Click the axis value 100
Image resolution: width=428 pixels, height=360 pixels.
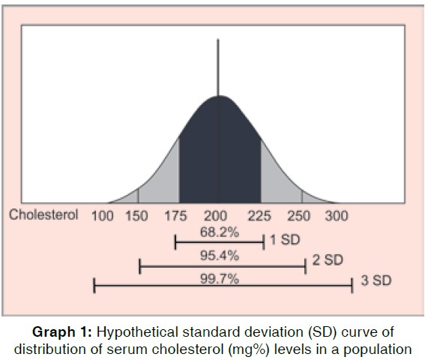tap(103, 216)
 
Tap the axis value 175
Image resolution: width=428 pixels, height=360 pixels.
tap(175, 216)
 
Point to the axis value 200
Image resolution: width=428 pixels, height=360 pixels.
tap(217, 216)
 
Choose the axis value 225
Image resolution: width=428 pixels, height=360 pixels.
tap(259, 216)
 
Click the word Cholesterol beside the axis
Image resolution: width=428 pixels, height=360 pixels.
tap(43, 215)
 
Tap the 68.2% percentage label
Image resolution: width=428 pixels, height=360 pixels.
tap(219, 232)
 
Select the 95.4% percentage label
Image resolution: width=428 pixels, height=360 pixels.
tap(219, 256)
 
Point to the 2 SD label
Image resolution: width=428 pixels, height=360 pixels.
tap(328, 261)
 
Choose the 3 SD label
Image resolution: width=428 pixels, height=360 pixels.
tap(376, 283)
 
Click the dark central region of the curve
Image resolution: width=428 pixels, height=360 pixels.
tap(219, 157)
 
